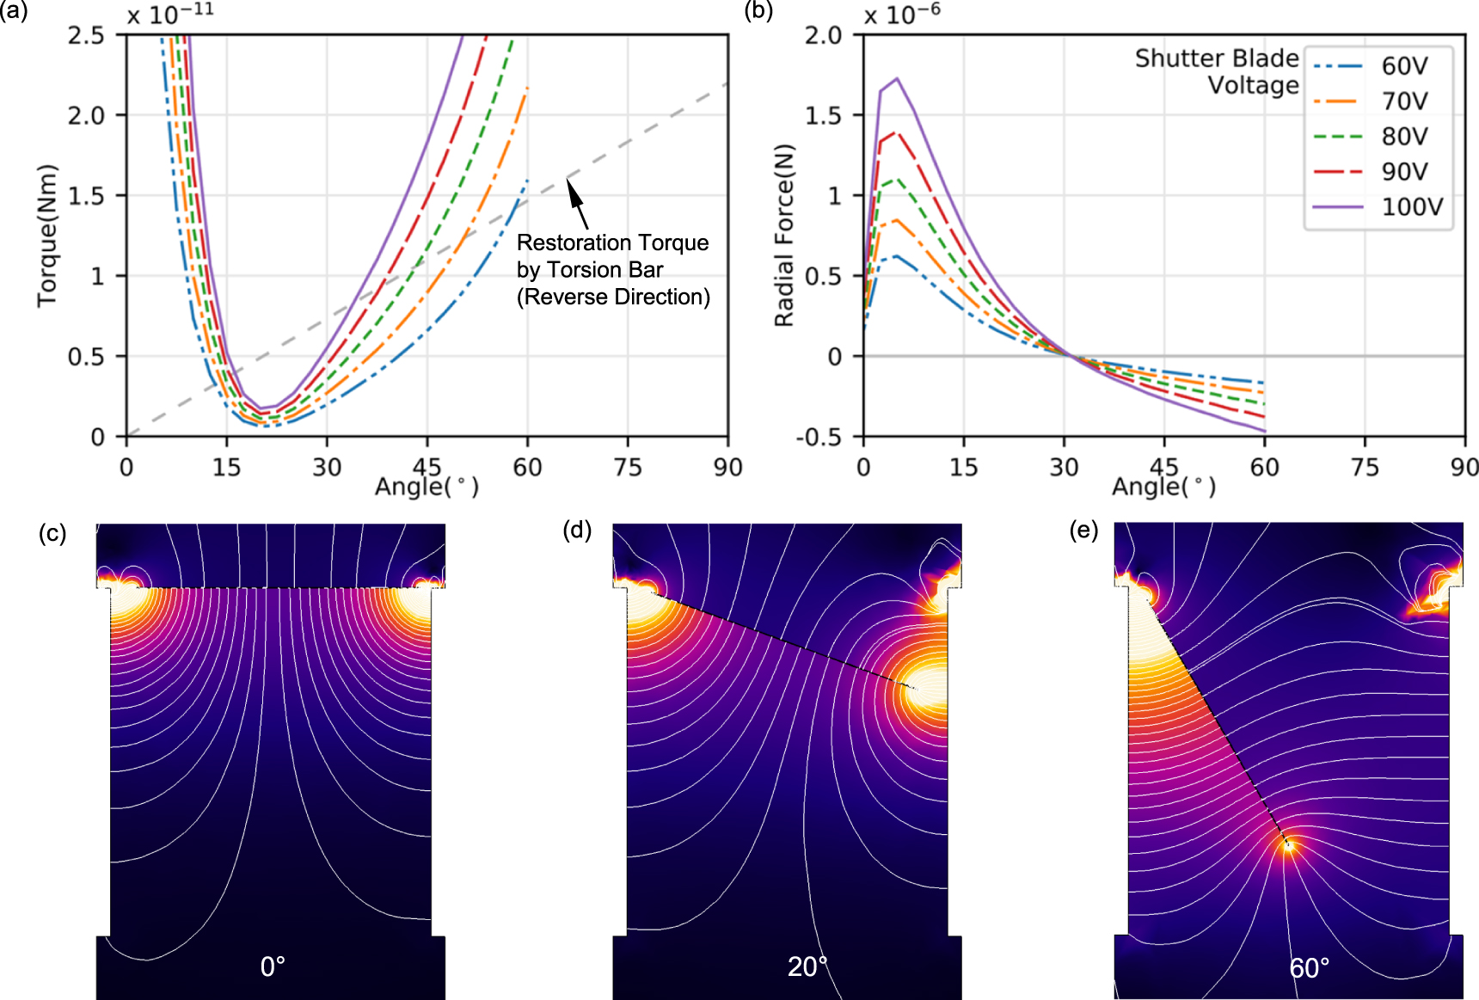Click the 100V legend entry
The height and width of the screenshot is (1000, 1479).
coord(1411,207)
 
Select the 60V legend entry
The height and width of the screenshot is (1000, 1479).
coord(1404,66)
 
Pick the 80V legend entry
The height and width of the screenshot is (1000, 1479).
coord(1404,137)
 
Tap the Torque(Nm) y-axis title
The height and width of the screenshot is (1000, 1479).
coord(46,235)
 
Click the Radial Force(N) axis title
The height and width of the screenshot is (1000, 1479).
coord(783,235)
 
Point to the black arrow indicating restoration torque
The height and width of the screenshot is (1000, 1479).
coord(578,204)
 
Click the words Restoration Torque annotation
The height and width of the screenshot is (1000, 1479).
coord(612,243)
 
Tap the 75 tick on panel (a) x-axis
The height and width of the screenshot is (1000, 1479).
coord(628,467)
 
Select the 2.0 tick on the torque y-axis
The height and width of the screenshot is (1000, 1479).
coord(86,115)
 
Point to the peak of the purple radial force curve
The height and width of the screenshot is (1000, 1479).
coord(897,79)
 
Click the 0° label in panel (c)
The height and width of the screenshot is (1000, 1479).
coord(273,966)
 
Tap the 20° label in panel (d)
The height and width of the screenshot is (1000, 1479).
coord(807,966)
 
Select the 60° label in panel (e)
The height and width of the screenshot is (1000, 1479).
coord(1309,968)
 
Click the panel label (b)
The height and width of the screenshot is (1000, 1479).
coord(758,12)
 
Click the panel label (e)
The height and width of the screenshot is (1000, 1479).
coord(1083,530)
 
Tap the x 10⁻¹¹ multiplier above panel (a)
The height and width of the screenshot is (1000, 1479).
coord(170,14)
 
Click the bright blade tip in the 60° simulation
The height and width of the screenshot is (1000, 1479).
coord(1287,846)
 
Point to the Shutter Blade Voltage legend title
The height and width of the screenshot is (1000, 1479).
coord(1217,71)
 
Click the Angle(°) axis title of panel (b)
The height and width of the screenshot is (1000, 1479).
coord(1163,488)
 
